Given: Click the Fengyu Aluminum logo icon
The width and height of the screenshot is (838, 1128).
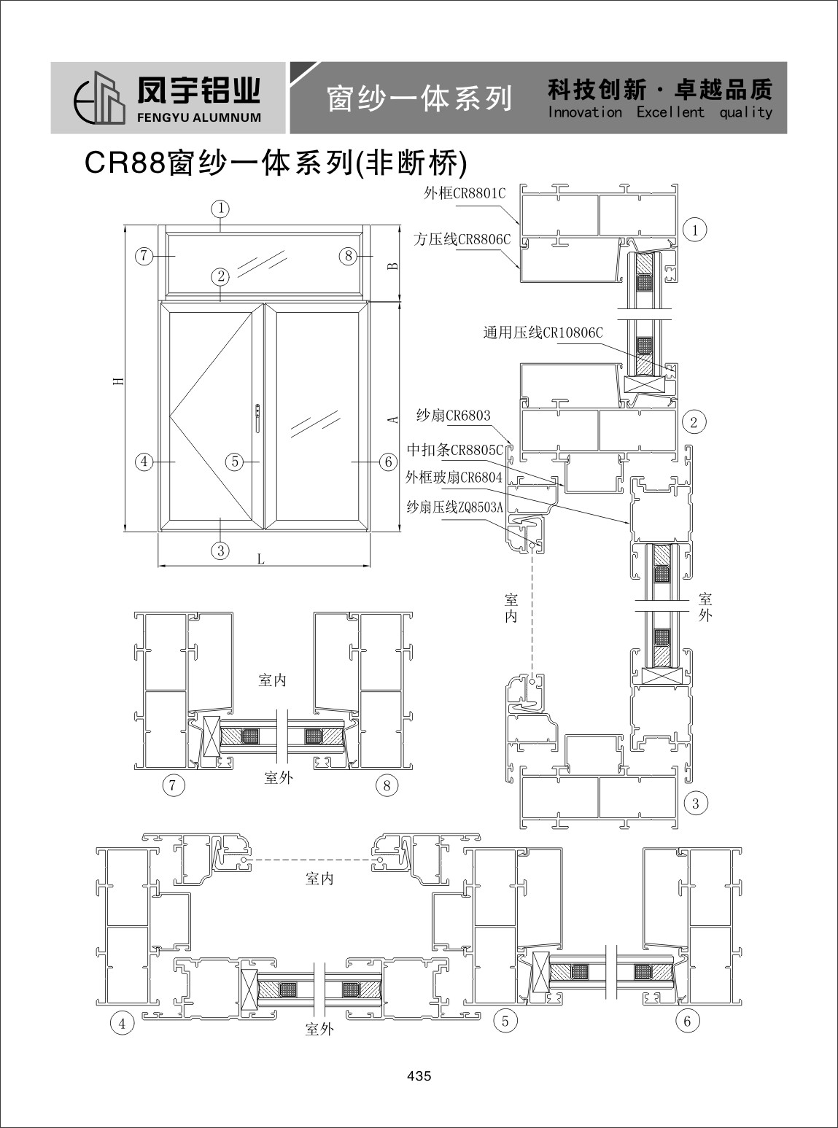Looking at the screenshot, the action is click(x=100, y=98).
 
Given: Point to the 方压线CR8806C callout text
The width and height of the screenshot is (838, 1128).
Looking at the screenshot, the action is click(x=462, y=239).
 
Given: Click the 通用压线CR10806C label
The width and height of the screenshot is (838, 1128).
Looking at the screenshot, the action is click(x=543, y=332).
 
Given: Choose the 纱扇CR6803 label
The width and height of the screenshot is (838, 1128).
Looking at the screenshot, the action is click(x=454, y=416).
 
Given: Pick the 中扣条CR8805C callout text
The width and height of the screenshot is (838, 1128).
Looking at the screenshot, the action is click(x=455, y=450).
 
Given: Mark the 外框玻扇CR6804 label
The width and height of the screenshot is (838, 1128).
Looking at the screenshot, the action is click(x=454, y=477).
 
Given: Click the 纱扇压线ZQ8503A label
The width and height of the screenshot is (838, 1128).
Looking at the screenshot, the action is click(x=454, y=507).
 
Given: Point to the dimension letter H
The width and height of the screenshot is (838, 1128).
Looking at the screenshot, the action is click(x=119, y=381).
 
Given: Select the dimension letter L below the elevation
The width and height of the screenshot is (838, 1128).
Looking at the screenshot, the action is click(x=261, y=559).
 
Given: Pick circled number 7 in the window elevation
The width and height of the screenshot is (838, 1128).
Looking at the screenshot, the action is click(x=144, y=255).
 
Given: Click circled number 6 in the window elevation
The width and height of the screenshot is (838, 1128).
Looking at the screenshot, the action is click(x=388, y=462).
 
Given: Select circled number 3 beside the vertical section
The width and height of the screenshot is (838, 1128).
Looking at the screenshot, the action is click(x=696, y=804).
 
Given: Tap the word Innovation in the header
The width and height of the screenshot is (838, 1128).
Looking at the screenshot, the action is click(x=585, y=112).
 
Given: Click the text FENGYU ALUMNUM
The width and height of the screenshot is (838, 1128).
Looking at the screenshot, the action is click(x=199, y=118).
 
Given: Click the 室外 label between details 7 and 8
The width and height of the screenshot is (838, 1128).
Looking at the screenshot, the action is click(x=279, y=777).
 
